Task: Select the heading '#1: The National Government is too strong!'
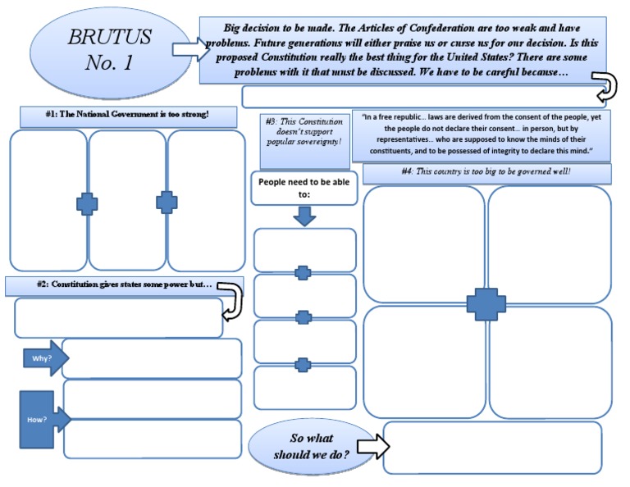point(127,114)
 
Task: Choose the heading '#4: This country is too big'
point(486,173)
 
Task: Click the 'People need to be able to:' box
point(304,188)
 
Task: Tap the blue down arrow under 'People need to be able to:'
point(304,216)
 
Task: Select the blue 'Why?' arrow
point(43,359)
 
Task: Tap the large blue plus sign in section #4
point(486,304)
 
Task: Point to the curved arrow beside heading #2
point(231,299)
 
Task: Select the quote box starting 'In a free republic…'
point(481,136)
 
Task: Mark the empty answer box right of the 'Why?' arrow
point(152,358)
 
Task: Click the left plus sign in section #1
point(87,203)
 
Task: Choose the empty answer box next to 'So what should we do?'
point(492,447)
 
